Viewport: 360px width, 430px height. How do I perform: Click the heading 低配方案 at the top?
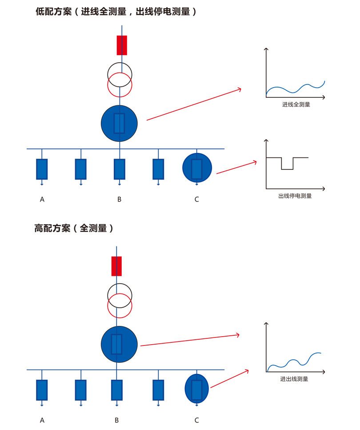click(x=54, y=12)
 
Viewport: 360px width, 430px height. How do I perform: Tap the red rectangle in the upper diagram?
click(x=122, y=45)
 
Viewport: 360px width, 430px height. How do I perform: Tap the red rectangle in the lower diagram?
click(x=116, y=266)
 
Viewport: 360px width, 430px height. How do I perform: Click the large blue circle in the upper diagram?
click(x=119, y=124)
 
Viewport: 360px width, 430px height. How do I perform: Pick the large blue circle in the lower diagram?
click(x=119, y=344)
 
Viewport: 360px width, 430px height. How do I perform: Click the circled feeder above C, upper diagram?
click(x=197, y=168)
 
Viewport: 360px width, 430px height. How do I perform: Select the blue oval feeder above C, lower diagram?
click(x=197, y=389)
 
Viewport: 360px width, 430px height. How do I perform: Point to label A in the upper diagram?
click(x=42, y=199)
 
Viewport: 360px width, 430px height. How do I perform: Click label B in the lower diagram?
click(x=116, y=420)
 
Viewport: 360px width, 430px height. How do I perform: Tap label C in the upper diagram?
click(x=196, y=199)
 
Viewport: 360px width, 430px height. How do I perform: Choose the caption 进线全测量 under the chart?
click(x=296, y=104)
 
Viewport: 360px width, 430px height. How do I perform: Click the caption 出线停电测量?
click(x=295, y=196)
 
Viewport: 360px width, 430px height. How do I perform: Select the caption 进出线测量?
click(x=294, y=379)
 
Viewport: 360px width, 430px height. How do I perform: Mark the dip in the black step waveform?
click(x=288, y=169)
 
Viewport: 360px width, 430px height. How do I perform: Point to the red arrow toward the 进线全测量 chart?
click(x=194, y=104)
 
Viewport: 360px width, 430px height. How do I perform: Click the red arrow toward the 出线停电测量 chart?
click(x=236, y=167)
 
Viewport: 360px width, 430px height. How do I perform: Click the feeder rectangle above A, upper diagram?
click(x=42, y=169)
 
